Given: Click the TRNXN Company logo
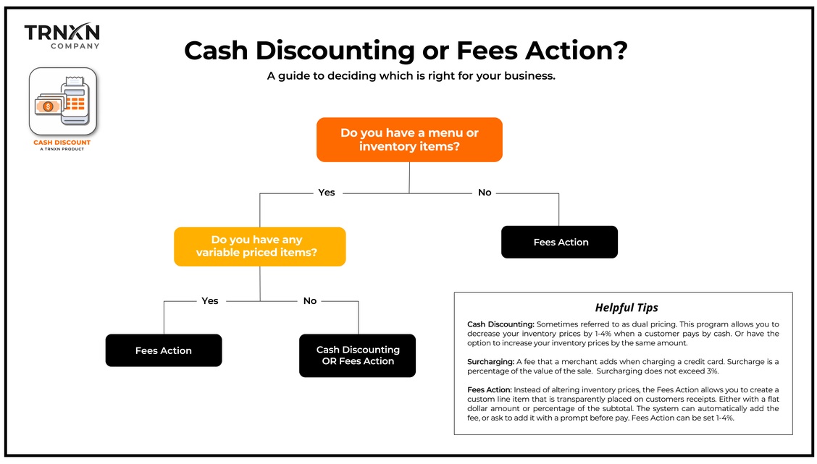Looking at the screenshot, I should [62, 35].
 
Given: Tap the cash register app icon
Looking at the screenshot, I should [62, 101].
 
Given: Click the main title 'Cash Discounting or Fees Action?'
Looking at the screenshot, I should [405, 51].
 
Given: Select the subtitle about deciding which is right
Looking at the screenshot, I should [411, 75].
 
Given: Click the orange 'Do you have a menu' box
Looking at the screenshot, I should [409, 140].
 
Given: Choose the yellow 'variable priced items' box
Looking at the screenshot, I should [259, 246].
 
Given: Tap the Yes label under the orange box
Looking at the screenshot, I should [327, 193].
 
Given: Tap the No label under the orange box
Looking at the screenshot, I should [485, 193].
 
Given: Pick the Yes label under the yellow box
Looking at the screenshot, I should [209, 300].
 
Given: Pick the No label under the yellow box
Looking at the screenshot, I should [310, 300].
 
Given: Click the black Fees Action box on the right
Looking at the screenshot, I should [560, 242].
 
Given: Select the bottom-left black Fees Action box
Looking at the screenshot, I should [164, 350].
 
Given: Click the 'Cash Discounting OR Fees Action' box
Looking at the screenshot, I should [358, 355].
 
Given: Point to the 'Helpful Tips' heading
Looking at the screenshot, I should [626, 307].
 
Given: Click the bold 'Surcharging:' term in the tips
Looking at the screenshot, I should [491, 361].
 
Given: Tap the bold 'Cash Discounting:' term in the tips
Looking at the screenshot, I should [500, 324].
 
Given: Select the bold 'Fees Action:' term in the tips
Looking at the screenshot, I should [490, 390].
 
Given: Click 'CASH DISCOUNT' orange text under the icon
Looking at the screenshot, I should [62, 143].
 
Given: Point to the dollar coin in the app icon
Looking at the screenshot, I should [48, 106].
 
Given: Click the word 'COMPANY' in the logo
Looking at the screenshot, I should [75, 46].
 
